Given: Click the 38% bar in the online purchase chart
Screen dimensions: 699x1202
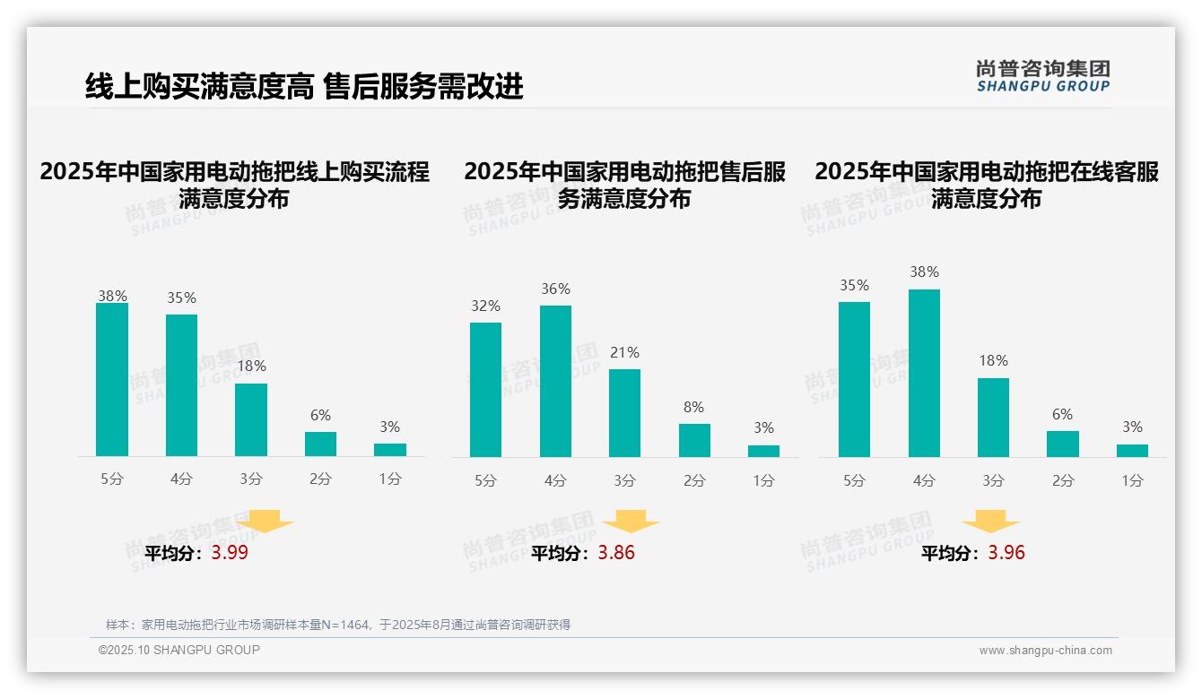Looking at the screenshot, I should (112, 380).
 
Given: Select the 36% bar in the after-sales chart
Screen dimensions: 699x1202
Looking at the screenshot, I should (555, 382).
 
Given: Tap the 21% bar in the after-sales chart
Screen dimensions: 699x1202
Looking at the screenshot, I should (624, 413).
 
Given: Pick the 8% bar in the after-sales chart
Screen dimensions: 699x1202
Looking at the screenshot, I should (694, 440).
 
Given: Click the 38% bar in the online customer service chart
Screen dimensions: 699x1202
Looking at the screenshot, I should (924, 373).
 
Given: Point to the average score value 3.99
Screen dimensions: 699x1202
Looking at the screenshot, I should (230, 553).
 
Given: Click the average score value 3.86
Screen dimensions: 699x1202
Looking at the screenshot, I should (616, 553).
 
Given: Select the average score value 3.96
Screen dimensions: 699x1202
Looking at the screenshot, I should (1006, 553).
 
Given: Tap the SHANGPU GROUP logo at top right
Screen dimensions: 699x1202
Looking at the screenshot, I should (1042, 76).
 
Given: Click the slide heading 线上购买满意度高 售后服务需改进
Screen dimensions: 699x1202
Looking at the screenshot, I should (304, 87).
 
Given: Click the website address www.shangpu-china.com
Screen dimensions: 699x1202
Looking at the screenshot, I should (1045, 651).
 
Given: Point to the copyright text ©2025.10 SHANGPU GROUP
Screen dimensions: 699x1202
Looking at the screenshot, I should (179, 650).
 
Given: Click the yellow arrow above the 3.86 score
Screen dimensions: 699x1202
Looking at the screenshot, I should (631, 522).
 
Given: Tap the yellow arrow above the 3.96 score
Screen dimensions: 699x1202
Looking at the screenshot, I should (990, 522).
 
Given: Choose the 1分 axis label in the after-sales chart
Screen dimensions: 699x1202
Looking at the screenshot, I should (763, 480).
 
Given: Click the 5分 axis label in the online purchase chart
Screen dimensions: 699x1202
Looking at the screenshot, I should (112, 479).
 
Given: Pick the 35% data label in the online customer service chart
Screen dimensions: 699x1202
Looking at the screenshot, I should (854, 286).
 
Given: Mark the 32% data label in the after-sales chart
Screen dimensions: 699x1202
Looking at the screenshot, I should (485, 306).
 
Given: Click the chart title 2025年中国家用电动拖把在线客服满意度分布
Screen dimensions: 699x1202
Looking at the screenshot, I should (987, 185).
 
